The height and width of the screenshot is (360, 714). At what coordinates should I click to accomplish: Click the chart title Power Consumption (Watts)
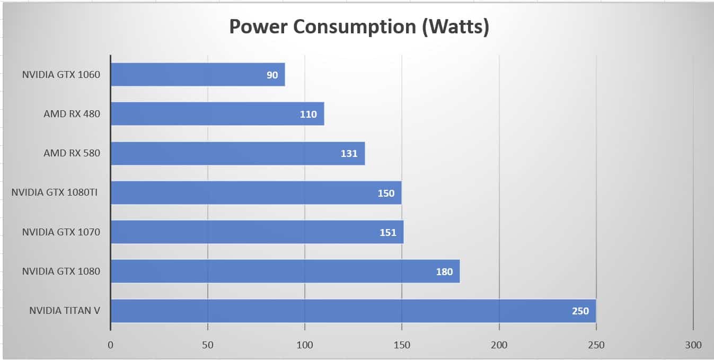[358, 27]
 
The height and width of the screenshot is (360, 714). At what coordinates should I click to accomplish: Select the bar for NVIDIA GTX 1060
[198, 75]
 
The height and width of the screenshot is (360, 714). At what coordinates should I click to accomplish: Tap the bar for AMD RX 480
[217, 114]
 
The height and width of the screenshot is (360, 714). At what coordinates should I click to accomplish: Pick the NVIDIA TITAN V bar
[353, 311]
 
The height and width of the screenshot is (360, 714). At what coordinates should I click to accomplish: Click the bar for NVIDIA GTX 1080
[285, 271]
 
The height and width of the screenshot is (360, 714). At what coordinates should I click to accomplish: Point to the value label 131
[349, 154]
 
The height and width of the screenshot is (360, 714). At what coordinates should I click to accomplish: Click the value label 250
[580, 311]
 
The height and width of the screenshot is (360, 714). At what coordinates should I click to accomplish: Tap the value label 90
[272, 75]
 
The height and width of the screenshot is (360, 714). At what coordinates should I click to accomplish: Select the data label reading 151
[388, 232]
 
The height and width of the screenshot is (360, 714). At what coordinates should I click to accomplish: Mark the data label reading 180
[444, 272]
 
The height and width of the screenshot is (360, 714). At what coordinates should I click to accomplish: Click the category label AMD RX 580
[72, 153]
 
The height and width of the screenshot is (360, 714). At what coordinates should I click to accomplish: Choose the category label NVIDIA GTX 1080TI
[55, 193]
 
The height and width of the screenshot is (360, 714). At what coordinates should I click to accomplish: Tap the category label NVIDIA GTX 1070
[61, 232]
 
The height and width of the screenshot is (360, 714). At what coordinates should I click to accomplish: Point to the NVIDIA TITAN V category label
[65, 310]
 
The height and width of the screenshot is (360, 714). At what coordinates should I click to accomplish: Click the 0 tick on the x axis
[110, 345]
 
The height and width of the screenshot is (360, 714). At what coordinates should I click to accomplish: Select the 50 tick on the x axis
[208, 345]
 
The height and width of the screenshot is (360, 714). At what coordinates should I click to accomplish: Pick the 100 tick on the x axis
[305, 345]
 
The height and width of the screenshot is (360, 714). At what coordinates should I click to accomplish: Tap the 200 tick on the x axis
[499, 345]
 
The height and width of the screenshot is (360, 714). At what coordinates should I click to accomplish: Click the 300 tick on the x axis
[693, 345]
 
